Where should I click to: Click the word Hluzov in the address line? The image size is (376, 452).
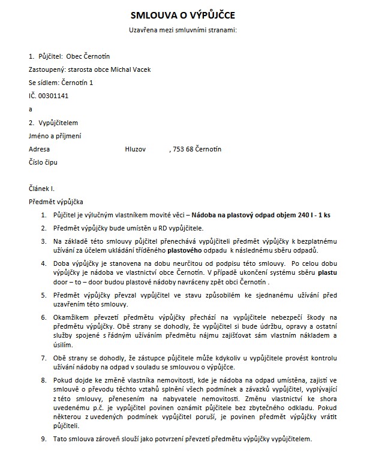point(135,148)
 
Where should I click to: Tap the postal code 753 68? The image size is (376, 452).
point(184,148)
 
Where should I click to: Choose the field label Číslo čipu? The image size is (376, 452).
point(44,162)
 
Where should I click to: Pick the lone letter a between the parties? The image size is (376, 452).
point(31,109)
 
